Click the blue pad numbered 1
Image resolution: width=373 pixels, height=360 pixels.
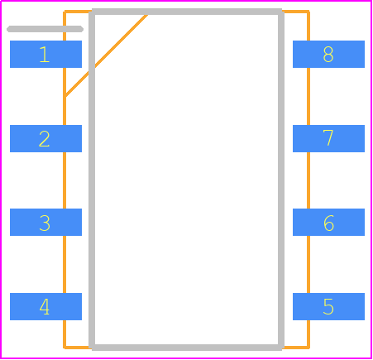pyautogui.click(x=45, y=54)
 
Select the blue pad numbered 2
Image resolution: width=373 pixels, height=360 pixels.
pyautogui.click(x=45, y=138)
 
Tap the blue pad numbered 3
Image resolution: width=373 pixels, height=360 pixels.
pyautogui.click(x=45, y=222)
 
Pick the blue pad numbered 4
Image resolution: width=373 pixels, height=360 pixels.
pyautogui.click(x=45, y=306)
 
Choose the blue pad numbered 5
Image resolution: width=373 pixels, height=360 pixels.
pyautogui.click(x=328, y=306)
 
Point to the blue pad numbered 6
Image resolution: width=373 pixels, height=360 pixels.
pyautogui.click(x=328, y=222)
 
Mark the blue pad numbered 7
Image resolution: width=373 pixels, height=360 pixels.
pyautogui.click(x=328, y=138)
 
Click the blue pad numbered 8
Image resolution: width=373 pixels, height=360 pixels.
pyautogui.click(x=328, y=54)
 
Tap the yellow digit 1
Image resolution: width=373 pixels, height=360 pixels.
pyautogui.click(x=45, y=55)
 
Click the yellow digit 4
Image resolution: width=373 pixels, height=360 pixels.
pyautogui.click(x=45, y=306)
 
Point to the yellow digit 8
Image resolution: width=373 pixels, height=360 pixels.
pyautogui.click(x=328, y=55)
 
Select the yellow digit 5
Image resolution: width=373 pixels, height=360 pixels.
pyautogui.click(x=328, y=306)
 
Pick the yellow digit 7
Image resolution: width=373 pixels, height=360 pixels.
pyautogui.click(x=328, y=138)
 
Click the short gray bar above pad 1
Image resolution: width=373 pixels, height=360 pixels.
pyautogui.click(x=45, y=29)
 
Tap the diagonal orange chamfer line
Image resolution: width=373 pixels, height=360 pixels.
pyautogui.click(x=107, y=55)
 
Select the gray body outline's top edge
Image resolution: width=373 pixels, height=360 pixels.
pyautogui.click(x=186, y=12)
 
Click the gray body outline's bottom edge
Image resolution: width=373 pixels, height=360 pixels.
pyautogui.click(x=186, y=348)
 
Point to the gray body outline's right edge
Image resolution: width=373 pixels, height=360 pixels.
pyautogui.click(x=281, y=180)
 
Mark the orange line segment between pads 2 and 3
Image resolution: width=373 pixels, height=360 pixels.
pyautogui.click(x=65, y=180)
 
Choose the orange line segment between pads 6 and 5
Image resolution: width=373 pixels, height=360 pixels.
pyautogui.click(x=308, y=264)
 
